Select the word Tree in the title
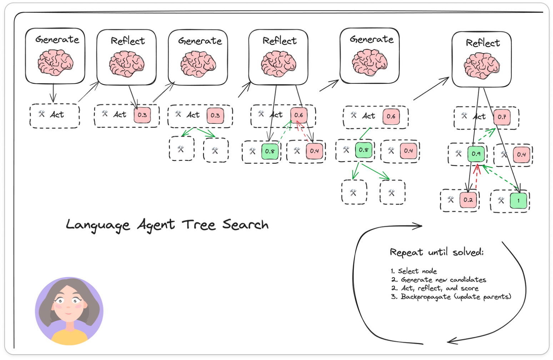click(x=198, y=225)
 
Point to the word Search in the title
click(x=245, y=224)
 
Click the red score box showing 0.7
click(x=502, y=117)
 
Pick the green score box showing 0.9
click(x=476, y=154)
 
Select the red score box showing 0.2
click(x=468, y=200)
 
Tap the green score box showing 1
click(x=518, y=201)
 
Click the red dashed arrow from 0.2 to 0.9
click(x=476, y=178)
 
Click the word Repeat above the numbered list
click(x=406, y=253)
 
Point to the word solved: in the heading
click(x=468, y=252)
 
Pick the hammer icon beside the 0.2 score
click(x=451, y=200)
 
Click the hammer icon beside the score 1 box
click(x=501, y=201)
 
